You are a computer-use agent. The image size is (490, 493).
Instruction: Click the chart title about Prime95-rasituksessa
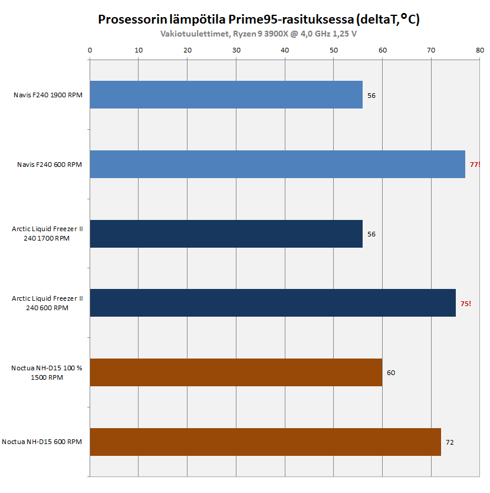point(258,20)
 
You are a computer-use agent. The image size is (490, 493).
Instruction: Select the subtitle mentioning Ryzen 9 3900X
point(258,34)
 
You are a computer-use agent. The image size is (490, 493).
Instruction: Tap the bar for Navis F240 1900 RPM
point(226,95)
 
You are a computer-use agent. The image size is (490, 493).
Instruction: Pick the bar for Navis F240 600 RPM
point(277,165)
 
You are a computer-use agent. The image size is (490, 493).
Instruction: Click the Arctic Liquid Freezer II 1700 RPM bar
point(226,234)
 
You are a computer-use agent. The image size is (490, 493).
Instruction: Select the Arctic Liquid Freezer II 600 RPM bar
point(272,303)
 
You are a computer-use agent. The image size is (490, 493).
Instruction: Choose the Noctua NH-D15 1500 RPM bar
point(236,373)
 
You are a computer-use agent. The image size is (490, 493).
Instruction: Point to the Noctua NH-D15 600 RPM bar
point(265,442)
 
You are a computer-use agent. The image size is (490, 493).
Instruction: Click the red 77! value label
point(475,165)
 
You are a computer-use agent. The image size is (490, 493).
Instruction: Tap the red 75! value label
point(465,304)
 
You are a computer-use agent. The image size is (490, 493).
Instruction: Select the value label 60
point(391,373)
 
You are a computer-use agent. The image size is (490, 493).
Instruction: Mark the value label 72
point(450,442)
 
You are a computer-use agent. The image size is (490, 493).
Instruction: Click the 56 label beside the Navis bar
point(371,96)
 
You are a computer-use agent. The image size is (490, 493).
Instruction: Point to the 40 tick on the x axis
point(285,50)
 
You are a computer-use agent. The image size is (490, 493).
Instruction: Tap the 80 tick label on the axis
point(479,50)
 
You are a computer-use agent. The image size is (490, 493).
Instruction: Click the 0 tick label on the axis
point(90,50)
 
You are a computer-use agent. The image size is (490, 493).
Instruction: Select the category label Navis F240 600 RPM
point(50,165)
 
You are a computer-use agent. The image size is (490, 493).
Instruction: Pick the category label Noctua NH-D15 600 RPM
point(42,442)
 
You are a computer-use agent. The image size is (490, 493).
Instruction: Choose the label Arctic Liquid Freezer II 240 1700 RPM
point(47,234)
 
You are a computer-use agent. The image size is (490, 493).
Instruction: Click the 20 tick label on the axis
point(188,50)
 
